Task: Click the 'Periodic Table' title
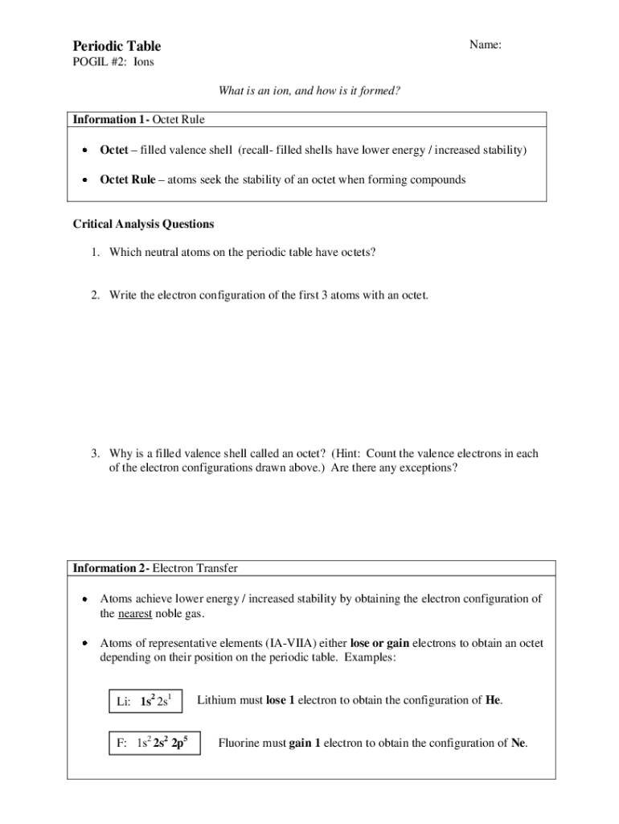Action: coord(117,46)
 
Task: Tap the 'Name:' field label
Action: coord(486,45)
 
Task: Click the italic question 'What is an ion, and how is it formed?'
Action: coord(309,91)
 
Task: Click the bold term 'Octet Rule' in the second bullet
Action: coord(127,179)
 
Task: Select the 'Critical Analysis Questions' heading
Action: coord(143,224)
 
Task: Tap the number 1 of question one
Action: coord(94,252)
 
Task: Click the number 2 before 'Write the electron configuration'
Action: coord(94,295)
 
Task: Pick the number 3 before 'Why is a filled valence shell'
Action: coord(94,453)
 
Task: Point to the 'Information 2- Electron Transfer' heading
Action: coord(155,568)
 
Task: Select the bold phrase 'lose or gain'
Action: coord(379,643)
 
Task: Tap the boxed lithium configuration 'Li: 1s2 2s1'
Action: coord(145,700)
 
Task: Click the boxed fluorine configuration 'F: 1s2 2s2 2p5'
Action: coord(154,743)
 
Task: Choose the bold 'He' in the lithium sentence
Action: coord(494,700)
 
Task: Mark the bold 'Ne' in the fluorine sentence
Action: coord(519,743)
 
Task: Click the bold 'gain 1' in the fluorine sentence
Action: coord(305,743)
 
